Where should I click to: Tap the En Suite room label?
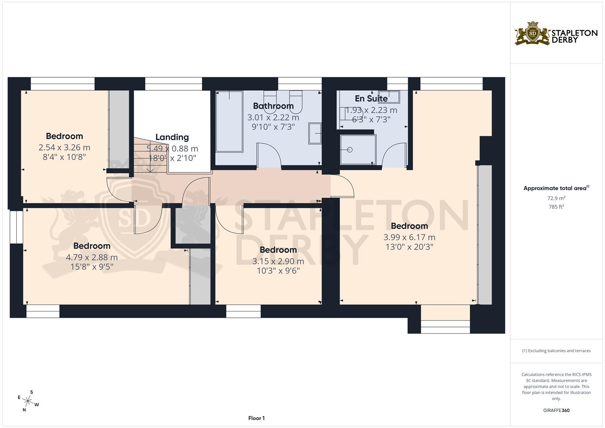pyautogui.click(x=371, y=98)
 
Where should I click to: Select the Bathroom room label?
pyautogui.click(x=273, y=106)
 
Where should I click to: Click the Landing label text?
pyautogui.click(x=172, y=137)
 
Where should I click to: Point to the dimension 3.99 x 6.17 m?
pyautogui.click(x=409, y=237)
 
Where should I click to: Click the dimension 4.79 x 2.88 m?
pyautogui.click(x=92, y=257)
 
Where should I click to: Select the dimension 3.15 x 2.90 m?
pyautogui.click(x=278, y=261)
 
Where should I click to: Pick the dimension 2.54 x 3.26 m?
pyautogui.click(x=64, y=147)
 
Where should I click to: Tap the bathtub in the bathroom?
pyautogui.click(x=229, y=121)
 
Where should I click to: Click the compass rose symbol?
pyautogui.click(x=28, y=401)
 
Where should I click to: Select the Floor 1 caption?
pyautogui.click(x=256, y=418)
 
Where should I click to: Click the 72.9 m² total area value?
pyautogui.click(x=556, y=198)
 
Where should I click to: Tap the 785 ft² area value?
pyautogui.click(x=556, y=206)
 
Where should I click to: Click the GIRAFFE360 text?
pyautogui.click(x=556, y=410)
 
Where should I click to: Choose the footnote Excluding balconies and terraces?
pyautogui.click(x=556, y=351)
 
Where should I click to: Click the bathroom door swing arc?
pyautogui.click(x=269, y=155)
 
